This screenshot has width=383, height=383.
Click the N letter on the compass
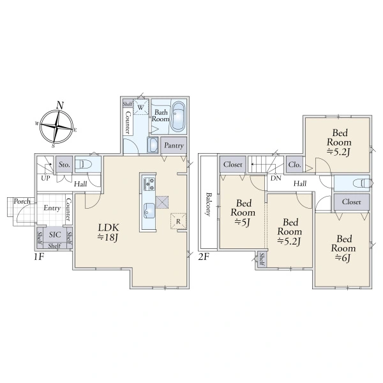coord(60,105)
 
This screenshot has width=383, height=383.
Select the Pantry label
coord(174,146)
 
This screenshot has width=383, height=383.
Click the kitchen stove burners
coord(149,184)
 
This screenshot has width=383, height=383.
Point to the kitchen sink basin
coord(149,210)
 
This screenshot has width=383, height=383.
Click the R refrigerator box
coord(178,222)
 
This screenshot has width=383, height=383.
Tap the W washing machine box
coord(140,107)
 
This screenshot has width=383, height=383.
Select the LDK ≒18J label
coord(109,232)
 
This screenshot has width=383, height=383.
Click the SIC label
coord(55,235)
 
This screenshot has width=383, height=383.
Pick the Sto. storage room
coord(64,165)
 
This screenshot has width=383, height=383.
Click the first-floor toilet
coord(83,165)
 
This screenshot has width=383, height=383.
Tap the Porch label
coord(22,201)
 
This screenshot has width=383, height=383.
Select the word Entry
coord(52,208)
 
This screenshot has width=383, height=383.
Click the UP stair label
coord(45,178)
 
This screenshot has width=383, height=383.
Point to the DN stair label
coord(276,178)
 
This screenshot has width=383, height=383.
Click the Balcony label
coord(208,204)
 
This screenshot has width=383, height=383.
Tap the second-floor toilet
coord(362,183)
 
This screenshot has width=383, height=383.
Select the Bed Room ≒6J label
coord(343,248)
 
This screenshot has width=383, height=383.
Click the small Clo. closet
coord(294,165)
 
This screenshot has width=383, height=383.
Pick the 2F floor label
coord(204,257)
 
